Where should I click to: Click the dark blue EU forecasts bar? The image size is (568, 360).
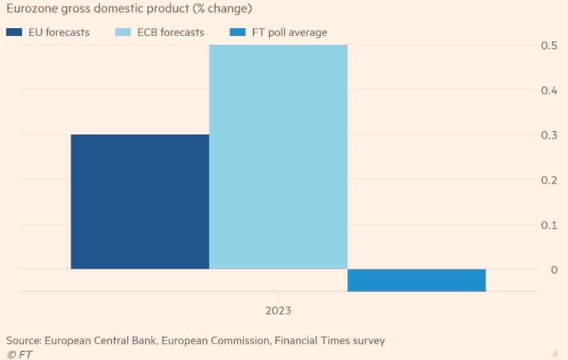click(140, 202)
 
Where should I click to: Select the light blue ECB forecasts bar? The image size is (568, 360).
click(278, 157)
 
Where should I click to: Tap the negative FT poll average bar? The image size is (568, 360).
click(416, 280)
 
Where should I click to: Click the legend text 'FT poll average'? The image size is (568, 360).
click(289, 32)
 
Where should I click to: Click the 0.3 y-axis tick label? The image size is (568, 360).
click(550, 135)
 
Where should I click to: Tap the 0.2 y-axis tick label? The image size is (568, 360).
click(550, 180)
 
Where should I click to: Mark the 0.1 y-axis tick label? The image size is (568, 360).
click(550, 225)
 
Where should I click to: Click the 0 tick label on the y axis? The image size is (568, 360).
click(554, 270)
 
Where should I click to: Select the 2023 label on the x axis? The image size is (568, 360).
click(278, 311)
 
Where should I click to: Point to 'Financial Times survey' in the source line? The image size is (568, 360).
click(329, 341)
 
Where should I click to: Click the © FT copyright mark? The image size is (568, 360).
click(19, 354)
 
